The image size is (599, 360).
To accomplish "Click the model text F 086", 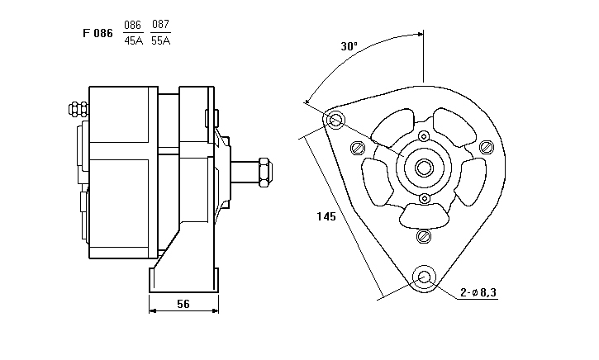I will [97, 34].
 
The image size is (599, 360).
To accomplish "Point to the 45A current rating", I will [133, 40].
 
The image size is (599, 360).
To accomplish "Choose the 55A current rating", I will [161, 40].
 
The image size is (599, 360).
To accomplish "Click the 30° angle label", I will [349, 46].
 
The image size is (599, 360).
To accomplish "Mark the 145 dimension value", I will [326, 217].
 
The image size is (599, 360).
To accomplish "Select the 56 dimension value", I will [183, 304].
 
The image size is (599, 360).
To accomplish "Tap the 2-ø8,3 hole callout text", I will [478, 291].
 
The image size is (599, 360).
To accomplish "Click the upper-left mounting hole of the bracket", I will [335, 121].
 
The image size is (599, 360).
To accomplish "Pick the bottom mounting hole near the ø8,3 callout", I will [425, 277].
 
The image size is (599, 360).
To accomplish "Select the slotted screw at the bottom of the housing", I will [424, 237].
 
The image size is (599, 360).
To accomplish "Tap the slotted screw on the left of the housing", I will [358, 148].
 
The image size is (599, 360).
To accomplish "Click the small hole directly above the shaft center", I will [424, 135].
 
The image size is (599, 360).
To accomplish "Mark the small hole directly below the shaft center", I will [424, 199].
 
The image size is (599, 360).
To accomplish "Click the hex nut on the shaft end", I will [264, 171].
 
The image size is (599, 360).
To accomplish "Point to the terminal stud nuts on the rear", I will [77, 108].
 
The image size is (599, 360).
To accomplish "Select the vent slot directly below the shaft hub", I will [424, 216].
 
